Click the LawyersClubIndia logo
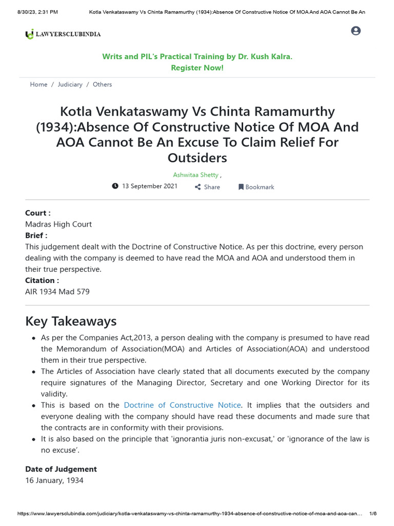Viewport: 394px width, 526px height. tap(63, 34)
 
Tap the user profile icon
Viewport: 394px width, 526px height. tap(356, 31)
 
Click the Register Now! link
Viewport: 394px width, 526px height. tap(197, 68)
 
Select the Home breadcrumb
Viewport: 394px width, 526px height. tap(38, 84)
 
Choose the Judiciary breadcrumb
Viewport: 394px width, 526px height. tap(70, 84)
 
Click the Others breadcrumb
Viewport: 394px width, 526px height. tap(102, 84)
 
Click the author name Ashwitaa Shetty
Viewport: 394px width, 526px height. tap(195, 175)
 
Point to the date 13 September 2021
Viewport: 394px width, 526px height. tap(149, 186)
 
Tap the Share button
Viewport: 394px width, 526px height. tap(207, 187)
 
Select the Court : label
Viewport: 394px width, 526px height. tap(38, 213)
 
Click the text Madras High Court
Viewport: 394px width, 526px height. tap(58, 224)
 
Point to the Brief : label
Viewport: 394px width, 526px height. tap(36, 235)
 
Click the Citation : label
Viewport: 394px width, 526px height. tap(42, 280)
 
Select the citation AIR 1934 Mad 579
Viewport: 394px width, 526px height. tap(57, 292)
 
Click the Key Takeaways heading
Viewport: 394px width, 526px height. tap(71, 321)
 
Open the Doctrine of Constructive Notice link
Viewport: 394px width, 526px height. tap(182, 405)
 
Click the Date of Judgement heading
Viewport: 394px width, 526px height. tap(61, 469)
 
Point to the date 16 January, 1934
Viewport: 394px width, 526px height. tap(54, 480)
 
